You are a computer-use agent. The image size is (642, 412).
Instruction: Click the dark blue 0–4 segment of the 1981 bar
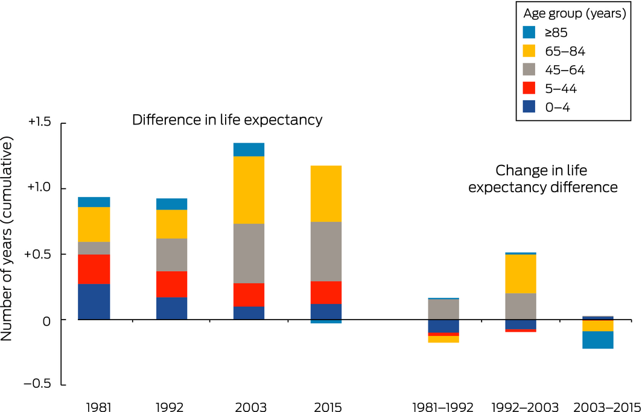(x=94, y=301)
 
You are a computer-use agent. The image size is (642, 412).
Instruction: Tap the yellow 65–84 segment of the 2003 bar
(x=249, y=190)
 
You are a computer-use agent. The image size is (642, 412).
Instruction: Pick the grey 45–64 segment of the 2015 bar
(x=326, y=251)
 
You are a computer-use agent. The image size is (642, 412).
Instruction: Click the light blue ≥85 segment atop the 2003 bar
(x=249, y=149)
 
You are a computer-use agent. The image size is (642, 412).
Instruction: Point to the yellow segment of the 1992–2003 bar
(x=521, y=274)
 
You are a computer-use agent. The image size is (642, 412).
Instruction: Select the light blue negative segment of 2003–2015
(x=597, y=340)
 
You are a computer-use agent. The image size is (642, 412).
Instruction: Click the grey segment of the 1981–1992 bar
(x=443, y=309)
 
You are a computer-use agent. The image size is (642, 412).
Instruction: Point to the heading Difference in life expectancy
(x=227, y=120)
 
